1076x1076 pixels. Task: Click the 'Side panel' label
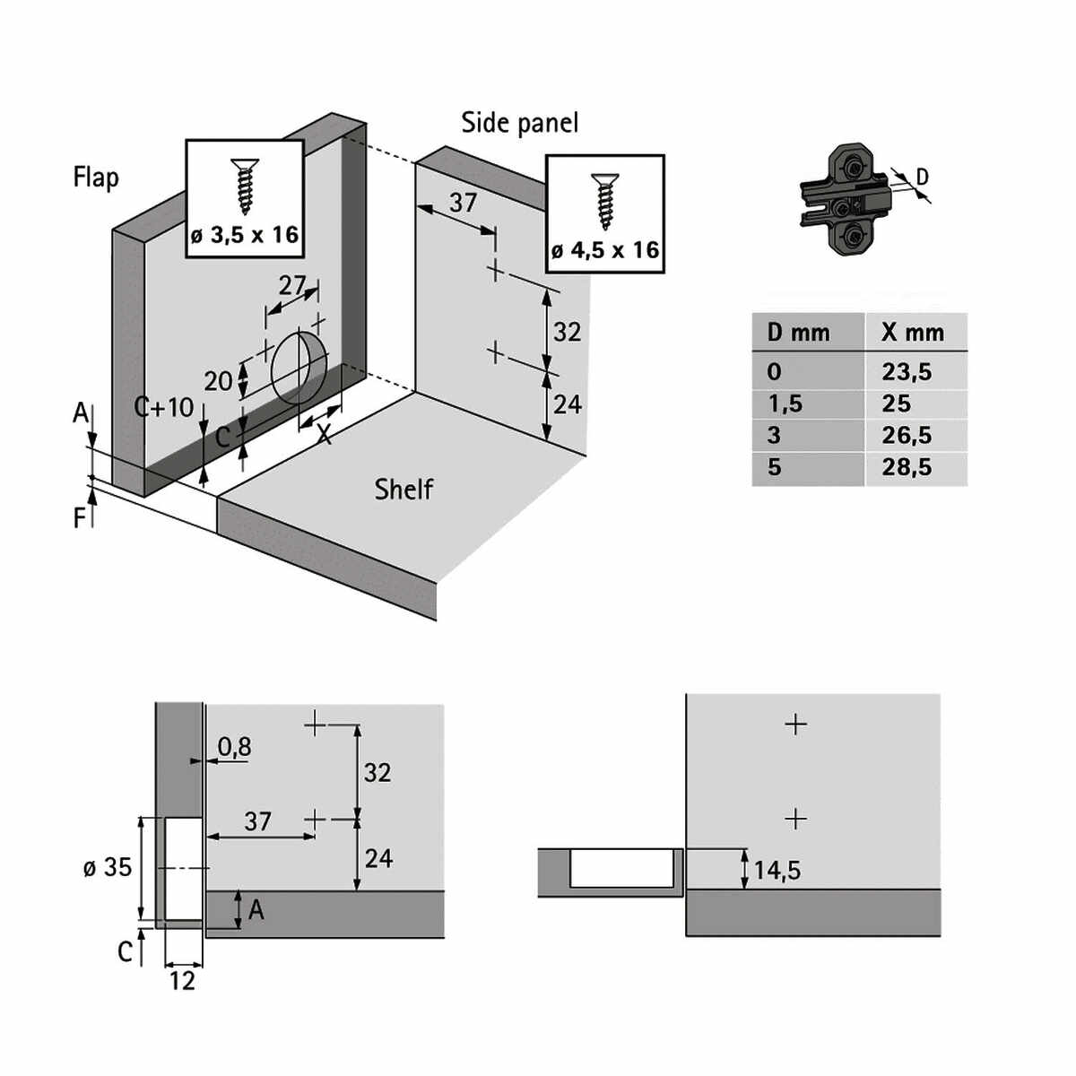click(x=519, y=123)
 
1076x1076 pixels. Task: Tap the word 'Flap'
click(x=96, y=177)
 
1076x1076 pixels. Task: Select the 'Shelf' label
click(x=403, y=489)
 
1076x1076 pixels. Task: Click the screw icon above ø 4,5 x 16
click(x=603, y=201)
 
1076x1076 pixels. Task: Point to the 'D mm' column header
click(x=798, y=333)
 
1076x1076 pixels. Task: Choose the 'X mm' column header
click(x=913, y=333)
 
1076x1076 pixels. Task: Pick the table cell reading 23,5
click(x=907, y=371)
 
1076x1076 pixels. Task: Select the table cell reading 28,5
click(x=907, y=467)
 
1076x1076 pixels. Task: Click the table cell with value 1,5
click(x=785, y=403)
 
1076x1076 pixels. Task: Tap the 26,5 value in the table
click(x=907, y=436)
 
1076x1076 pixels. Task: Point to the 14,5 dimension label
click(x=777, y=870)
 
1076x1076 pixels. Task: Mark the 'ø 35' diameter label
click(x=108, y=867)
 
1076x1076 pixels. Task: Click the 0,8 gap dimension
click(x=234, y=746)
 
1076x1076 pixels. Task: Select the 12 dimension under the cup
click(x=182, y=981)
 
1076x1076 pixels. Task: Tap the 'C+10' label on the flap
click(x=164, y=407)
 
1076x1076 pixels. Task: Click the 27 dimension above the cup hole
click(x=292, y=285)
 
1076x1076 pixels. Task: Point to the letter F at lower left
click(x=81, y=517)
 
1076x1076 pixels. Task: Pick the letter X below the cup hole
click(x=324, y=435)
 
